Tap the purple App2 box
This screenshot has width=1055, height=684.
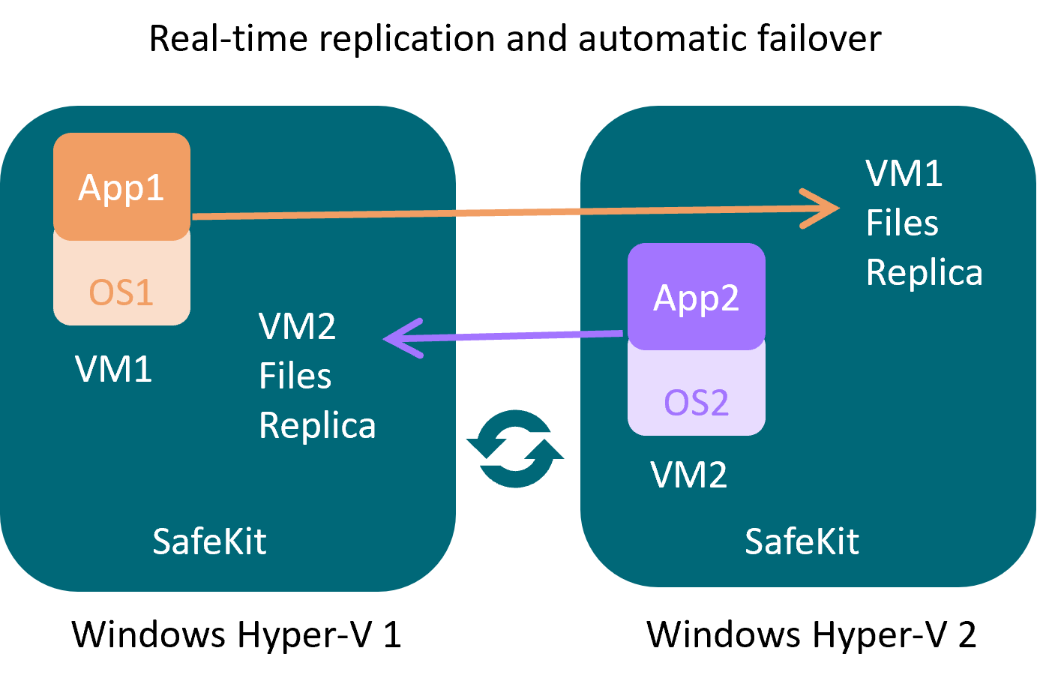696,297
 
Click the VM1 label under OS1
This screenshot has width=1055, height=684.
114,369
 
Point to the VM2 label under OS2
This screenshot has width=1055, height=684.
688,475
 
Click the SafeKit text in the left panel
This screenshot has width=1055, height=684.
209,541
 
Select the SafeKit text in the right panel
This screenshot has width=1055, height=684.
802,541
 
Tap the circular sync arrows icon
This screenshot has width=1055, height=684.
515,448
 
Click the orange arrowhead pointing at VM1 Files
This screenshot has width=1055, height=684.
825,208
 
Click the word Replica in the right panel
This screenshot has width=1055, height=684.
924,272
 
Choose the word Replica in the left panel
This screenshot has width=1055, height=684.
316,426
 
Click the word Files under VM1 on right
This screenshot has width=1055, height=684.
902,223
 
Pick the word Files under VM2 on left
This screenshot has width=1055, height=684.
295,376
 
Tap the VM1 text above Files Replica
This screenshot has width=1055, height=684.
904,173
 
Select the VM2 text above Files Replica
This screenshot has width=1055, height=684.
297,326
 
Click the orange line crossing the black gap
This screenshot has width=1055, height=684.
517,212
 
